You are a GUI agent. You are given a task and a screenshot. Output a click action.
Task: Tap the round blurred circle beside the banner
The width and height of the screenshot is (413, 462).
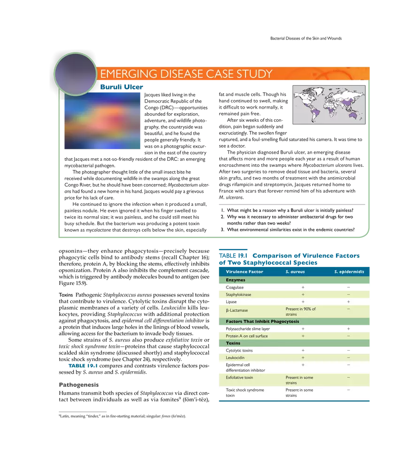pos(75,74)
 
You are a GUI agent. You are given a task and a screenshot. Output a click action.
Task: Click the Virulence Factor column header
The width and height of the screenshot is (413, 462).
pos(245,272)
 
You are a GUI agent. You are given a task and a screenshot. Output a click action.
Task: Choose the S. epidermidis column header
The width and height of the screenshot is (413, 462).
pos(349,272)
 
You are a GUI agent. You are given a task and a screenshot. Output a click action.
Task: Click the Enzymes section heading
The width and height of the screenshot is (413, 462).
pos(236,280)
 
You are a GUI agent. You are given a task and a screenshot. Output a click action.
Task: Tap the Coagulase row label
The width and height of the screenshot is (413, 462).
pos(235,287)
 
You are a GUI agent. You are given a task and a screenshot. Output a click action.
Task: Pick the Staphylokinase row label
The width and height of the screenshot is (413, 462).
pos(238,295)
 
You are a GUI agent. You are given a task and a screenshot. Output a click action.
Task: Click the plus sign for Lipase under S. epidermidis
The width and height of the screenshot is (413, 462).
pos(348,302)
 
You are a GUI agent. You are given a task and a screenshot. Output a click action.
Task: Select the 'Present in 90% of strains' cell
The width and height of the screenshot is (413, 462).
pos(301,312)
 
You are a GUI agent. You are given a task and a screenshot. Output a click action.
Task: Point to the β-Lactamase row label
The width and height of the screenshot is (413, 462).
pos(237,310)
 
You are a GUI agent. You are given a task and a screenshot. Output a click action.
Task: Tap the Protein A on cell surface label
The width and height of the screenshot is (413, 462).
pos(247,336)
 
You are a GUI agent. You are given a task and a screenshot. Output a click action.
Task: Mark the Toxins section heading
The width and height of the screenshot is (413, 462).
pos(233,343)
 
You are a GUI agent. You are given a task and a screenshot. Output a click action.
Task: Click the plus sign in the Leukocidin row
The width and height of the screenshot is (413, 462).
pos(303,358)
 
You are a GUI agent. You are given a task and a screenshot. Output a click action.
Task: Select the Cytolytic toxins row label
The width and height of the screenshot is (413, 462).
pos(239,351)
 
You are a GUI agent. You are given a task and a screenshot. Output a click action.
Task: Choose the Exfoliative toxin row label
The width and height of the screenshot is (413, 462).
pos(239,377)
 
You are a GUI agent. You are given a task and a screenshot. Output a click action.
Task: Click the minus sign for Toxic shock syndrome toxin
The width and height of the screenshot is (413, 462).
pos(348,390)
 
